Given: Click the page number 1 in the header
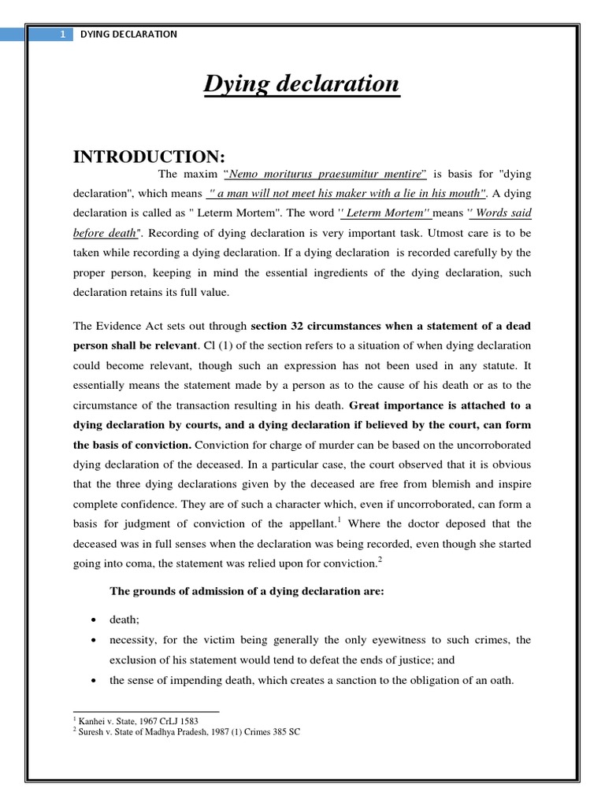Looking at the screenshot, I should [60, 34].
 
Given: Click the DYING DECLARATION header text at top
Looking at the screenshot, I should [129, 34].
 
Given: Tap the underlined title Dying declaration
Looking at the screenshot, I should [302, 84].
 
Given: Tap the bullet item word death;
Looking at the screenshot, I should [124, 620].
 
